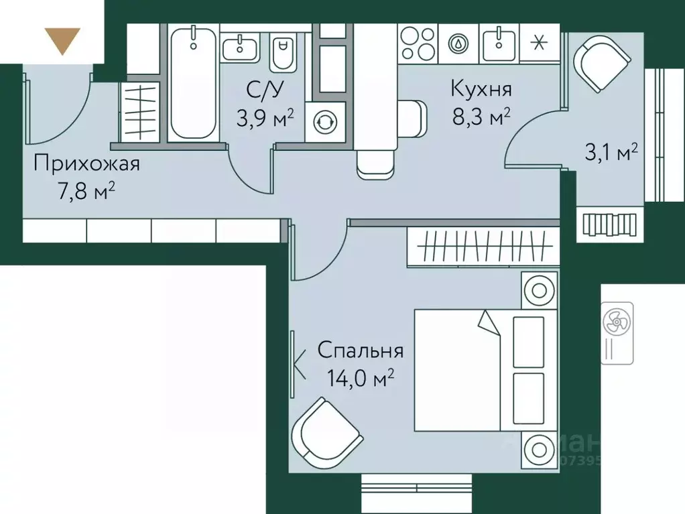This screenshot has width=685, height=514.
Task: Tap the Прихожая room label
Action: [x=87, y=164]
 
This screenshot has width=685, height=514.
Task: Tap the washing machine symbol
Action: [x=326, y=122]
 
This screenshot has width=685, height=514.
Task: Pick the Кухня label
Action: [x=481, y=88]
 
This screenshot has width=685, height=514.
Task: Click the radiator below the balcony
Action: [x=609, y=222]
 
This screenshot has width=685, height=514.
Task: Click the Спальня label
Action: [x=360, y=350]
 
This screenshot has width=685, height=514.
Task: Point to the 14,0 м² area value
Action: [x=360, y=380]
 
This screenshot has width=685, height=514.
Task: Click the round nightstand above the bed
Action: [x=539, y=291]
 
